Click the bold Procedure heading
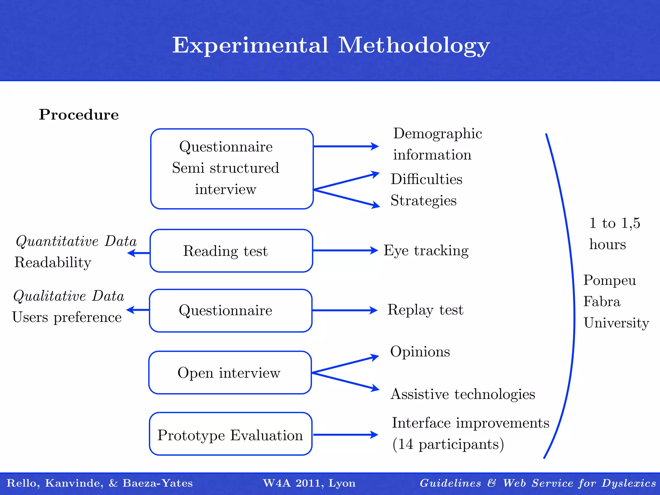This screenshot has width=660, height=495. tap(79, 115)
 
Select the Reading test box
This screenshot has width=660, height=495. tap(231, 251)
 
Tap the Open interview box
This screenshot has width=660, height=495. tap(230, 373)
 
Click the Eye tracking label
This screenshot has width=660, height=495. tap(426, 251)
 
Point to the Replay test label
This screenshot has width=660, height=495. tap(425, 310)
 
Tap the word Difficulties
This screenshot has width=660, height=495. tap(426, 179)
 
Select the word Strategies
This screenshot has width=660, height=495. tap(423, 200)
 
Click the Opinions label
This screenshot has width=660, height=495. tap(420, 352)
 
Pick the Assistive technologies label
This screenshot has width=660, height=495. tap(463, 394)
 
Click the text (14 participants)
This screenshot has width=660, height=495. tap(448, 444)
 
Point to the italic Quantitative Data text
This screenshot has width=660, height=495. tap(76, 241)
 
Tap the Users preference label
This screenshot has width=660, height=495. tap(67, 317)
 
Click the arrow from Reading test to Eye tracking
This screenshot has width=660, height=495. tap(345, 250)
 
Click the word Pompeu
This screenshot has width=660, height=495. tap(609, 280)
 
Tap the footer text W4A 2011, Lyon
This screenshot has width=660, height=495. tap(309, 483)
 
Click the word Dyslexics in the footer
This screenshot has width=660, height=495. tap(629, 483)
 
